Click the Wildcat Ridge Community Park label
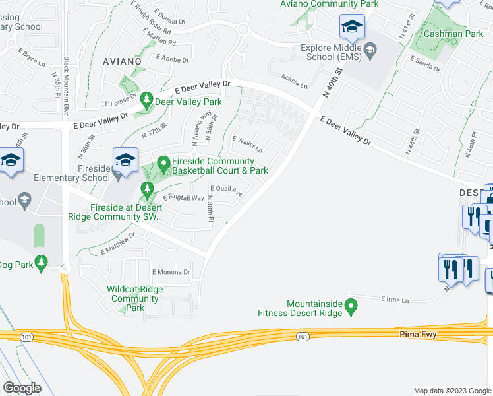(135, 298)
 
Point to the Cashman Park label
(444, 33)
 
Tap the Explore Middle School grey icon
(370, 50)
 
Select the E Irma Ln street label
(395, 299)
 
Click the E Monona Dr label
(171, 272)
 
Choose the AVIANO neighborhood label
(122, 61)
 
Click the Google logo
(22, 388)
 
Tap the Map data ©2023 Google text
(451, 391)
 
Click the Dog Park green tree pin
(41, 263)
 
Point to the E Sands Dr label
(424, 63)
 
